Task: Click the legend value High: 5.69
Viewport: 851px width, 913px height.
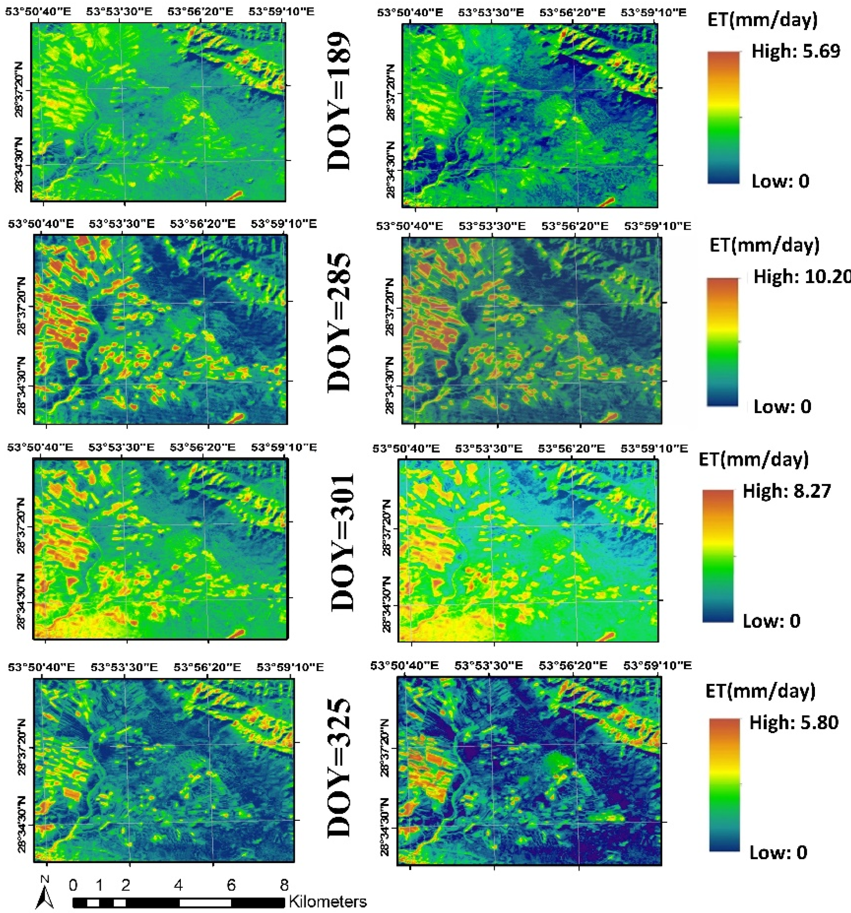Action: [x=796, y=51]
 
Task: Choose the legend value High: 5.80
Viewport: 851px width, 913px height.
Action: [x=794, y=722]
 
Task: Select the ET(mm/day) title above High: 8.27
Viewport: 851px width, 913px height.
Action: [x=753, y=460]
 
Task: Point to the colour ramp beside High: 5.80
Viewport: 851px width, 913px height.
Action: [x=724, y=785]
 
